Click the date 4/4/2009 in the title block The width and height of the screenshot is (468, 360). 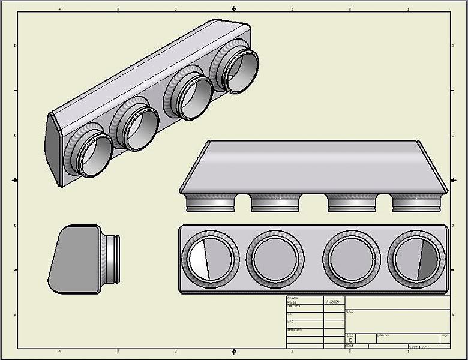332,302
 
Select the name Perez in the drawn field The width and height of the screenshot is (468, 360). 293,302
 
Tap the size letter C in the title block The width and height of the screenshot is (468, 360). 350,340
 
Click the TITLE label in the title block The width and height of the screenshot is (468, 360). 350,311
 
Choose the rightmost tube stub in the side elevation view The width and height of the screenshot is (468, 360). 416,205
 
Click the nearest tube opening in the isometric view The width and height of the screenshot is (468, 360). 93,155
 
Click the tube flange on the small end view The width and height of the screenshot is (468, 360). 110,259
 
